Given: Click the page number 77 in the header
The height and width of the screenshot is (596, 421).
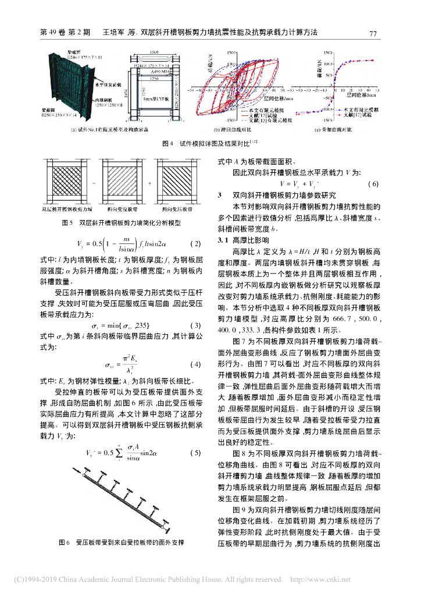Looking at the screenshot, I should [374, 34].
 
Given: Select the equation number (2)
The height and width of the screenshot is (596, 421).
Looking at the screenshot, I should [195, 243].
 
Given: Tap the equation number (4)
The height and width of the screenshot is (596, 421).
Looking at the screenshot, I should [195, 365].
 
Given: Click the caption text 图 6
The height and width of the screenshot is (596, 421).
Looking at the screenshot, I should [65, 542].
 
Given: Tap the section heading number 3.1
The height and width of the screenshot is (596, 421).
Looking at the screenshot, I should [223, 239].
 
